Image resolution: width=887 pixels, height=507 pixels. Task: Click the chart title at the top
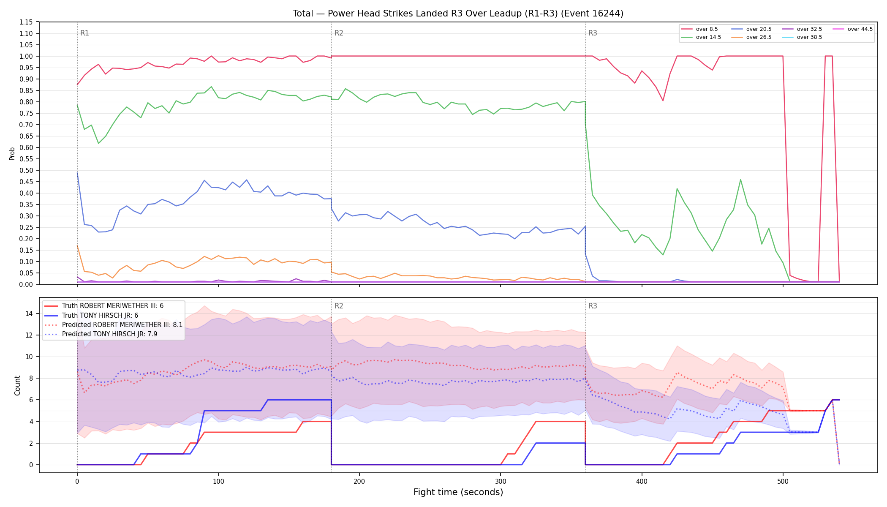point(458,14)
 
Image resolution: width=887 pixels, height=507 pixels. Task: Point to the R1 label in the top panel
point(84,33)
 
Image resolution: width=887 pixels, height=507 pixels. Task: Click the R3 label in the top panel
point(593,33)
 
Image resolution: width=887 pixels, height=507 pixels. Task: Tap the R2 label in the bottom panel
point(339,306)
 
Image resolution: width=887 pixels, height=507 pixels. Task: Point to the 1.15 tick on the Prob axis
point(26,22)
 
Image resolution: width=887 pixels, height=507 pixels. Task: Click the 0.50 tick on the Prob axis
point(26,170)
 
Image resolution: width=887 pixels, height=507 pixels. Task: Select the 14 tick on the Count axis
point(29,313)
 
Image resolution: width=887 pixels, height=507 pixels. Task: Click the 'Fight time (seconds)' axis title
point(458,492)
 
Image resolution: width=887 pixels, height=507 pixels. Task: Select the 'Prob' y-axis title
point(12,153)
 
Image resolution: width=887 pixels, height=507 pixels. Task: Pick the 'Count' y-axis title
point(17,385)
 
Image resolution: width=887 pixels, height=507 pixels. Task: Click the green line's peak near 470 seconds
point(740,180)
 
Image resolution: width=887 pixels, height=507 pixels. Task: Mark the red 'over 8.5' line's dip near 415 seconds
point(663,101)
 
